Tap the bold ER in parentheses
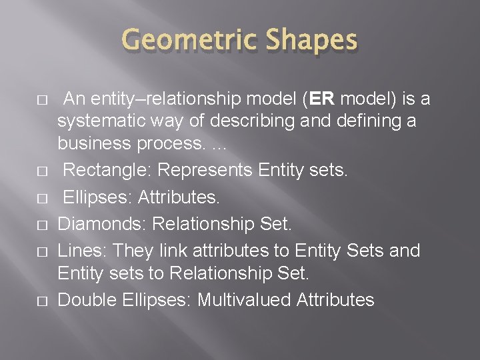(321, 99)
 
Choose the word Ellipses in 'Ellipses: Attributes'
(95, 197)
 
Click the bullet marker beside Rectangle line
(41, 171)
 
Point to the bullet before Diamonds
(41, 225)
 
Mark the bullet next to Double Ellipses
(41, 301)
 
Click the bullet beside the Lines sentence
(41, 251)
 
